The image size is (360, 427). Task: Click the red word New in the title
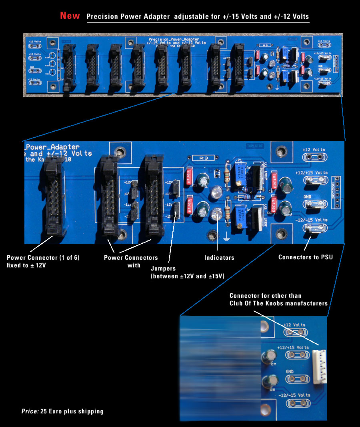[70, 16]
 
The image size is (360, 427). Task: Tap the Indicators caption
[219, 257]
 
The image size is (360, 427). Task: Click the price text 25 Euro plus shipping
[72, 411]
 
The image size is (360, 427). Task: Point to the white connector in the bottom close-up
[319, 367]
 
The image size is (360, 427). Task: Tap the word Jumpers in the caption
[163, 269]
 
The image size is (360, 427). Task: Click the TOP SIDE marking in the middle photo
[256, 146]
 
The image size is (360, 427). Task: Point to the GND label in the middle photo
[308, 196]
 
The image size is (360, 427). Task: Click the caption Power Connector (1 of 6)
[43, 258]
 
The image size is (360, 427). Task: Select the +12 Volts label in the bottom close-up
[294, 325]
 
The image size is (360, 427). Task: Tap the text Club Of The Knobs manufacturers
[278, 303]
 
